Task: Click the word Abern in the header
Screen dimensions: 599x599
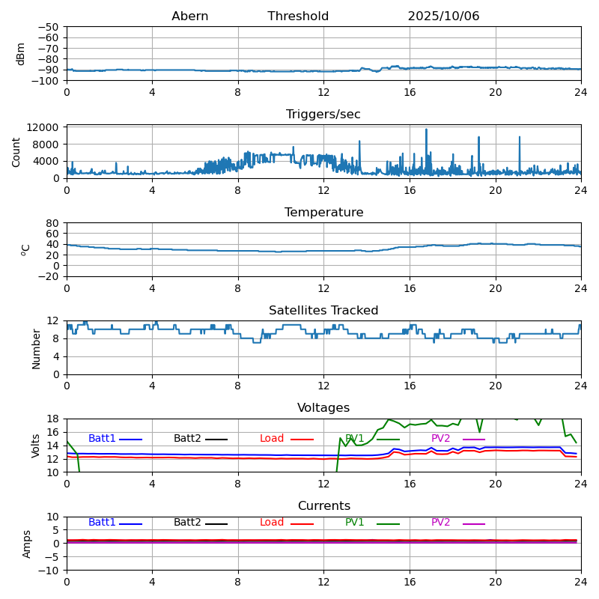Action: tap(189, 16)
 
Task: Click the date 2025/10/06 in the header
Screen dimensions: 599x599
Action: tap(443, 16)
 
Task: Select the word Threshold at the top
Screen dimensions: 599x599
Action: tap(298, 16)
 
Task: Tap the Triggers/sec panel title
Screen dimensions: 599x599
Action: tap(323, 115)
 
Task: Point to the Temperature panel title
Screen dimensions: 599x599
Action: tap(323, 213)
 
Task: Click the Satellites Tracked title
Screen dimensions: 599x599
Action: tap(323, 311)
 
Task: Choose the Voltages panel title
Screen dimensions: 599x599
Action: tap(323, 408)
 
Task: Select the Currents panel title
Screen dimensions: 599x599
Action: tap(323, 506)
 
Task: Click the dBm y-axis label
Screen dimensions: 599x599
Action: tap(21, 54)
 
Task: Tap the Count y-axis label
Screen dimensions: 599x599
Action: tap(16, 151)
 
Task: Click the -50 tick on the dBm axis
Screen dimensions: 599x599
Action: tap(49, 27)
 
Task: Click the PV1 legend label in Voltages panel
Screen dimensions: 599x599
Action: tap(354, 439)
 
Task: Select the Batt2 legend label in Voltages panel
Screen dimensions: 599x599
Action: tap(187, 439)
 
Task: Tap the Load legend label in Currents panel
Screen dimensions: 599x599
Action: tap(272, 523)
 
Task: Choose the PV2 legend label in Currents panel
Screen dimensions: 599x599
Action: tap(440, 523)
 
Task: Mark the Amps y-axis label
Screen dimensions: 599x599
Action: tap(27, 544)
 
